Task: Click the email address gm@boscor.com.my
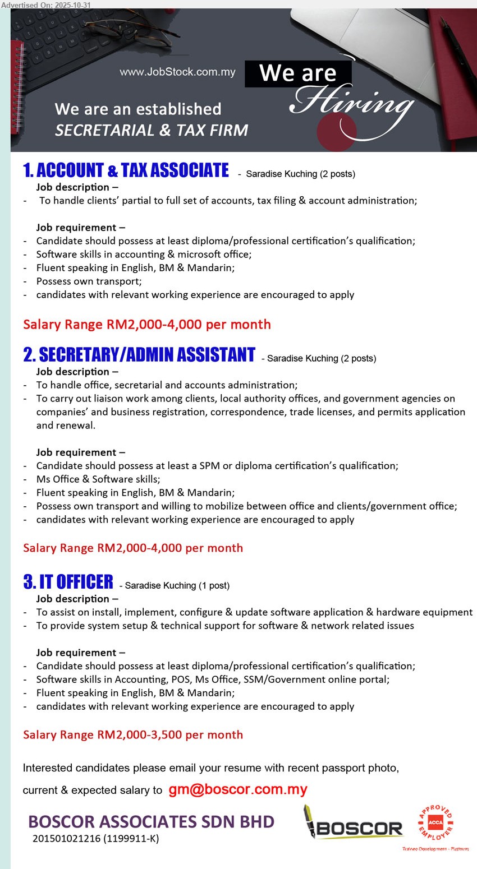(238, 789)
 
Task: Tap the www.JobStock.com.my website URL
(177, 72)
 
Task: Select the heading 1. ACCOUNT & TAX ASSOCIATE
(126, 170)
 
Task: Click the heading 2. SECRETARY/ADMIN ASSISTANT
(139, 355)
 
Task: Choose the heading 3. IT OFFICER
(68, 582)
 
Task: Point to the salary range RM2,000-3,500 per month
(133, 734)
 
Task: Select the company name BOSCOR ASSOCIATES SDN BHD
(151, 822)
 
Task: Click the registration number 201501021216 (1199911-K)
(95, 839)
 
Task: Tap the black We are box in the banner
(298, 73)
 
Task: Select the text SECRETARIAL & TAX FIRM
(152, 130)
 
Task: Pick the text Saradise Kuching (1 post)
(177, 585)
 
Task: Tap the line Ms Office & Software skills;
(98, 479)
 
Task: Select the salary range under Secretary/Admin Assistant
(133, 548)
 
